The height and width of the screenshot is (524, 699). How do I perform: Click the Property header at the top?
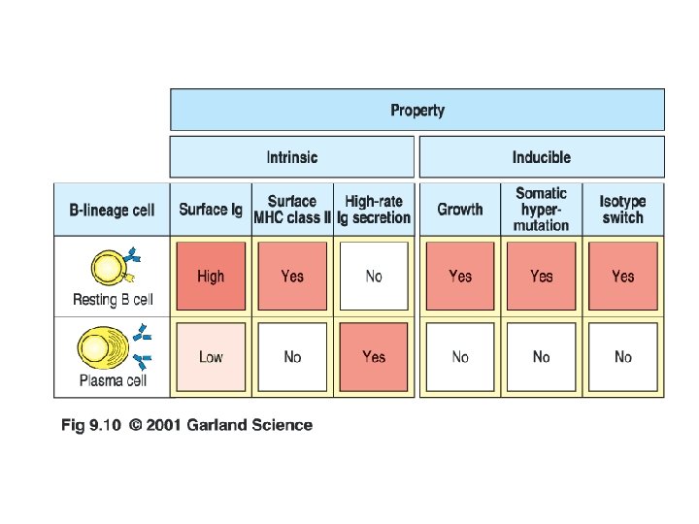click(417, 110)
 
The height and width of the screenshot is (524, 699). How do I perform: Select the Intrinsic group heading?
click(292, 157)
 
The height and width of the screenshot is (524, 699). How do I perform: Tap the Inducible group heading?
click(541, 157)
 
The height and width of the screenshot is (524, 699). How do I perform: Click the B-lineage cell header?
click(112, 210)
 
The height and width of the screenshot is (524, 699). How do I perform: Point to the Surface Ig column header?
click(211, 210)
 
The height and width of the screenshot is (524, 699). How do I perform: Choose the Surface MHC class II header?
click(292, 210)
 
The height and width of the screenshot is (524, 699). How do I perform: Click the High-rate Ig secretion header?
click(374, 210)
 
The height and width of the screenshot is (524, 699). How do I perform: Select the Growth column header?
click(460, 210)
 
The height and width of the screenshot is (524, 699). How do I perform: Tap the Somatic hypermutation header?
click(541, 210)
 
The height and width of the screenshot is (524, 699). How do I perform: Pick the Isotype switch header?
click(622, 210)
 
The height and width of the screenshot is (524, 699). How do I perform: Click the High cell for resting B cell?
click(211, 277)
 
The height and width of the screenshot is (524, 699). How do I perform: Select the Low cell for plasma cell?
click(211, 357)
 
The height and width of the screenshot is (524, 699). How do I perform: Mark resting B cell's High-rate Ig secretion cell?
click(374, 277)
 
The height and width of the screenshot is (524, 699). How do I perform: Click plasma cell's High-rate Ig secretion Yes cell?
click(374, 357)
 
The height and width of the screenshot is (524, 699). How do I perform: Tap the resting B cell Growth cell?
click(460, 277)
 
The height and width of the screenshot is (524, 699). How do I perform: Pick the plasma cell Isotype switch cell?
click(622, 357)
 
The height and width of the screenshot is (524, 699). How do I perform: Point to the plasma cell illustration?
click(110, 347)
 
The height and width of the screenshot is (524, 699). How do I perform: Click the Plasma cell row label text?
click(113, 380)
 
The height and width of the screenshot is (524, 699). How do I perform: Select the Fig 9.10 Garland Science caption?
click(186, 425)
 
